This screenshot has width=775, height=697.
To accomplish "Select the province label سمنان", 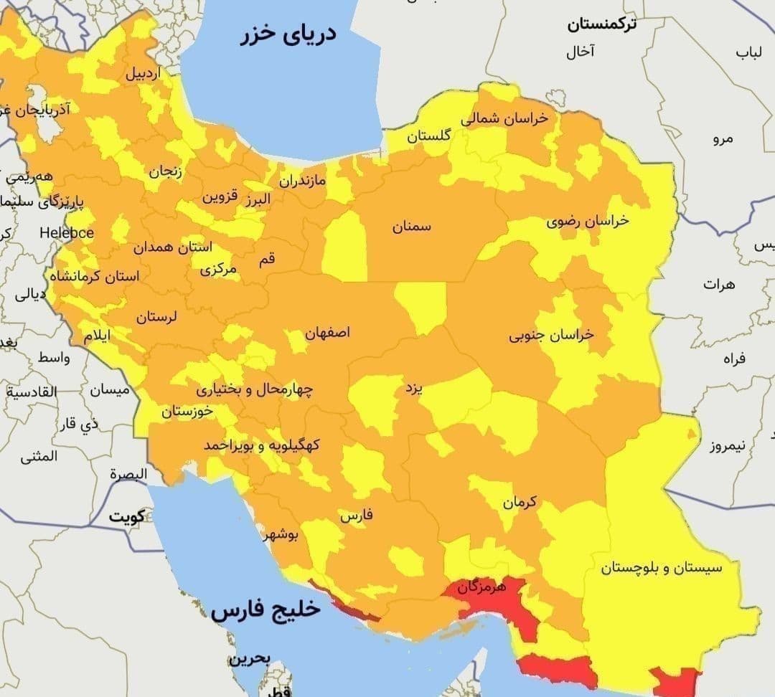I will click(412, 227).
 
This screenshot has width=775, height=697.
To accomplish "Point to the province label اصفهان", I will click(328, 333).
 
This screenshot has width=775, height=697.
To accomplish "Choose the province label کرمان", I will click(520, 503).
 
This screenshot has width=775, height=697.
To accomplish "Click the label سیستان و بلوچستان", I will click(662, 568).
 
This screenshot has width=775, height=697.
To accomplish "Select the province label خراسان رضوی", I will click(588, 221).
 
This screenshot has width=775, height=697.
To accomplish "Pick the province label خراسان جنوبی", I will click(552, 335).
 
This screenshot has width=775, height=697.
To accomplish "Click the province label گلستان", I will click(429, 136).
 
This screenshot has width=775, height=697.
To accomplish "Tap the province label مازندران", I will click(302, 180).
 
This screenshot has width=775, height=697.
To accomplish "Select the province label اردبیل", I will click(144, 73).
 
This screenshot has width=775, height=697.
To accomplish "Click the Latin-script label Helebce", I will click(67, 233).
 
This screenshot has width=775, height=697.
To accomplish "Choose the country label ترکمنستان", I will click(602, 26).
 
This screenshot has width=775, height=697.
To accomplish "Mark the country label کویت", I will click(127, 516).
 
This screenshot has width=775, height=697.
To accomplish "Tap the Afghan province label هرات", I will click(720, 284).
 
